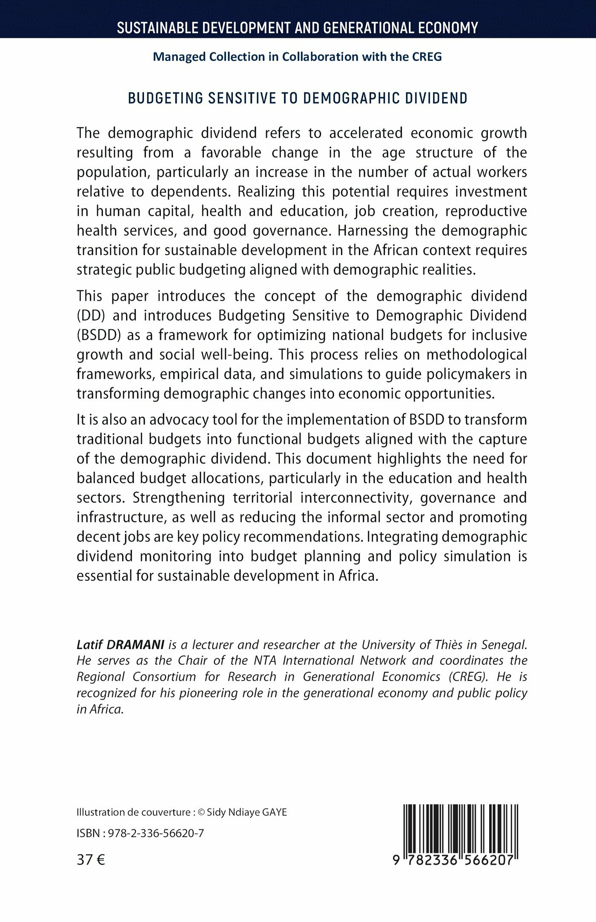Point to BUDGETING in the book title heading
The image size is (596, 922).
pyautogui.click(x=165, y=98)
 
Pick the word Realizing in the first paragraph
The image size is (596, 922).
pyautogui.click(x=266, y=192)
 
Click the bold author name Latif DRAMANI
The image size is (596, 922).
pyautogui.click(x=120, y=645)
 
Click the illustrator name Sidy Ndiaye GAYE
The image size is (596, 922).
pyautogui.click(x=247, y=812)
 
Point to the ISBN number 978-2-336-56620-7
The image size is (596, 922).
pyautogui.click(x=156, y=833)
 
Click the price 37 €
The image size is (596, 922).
pyautogui.click(x=91, y=860)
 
